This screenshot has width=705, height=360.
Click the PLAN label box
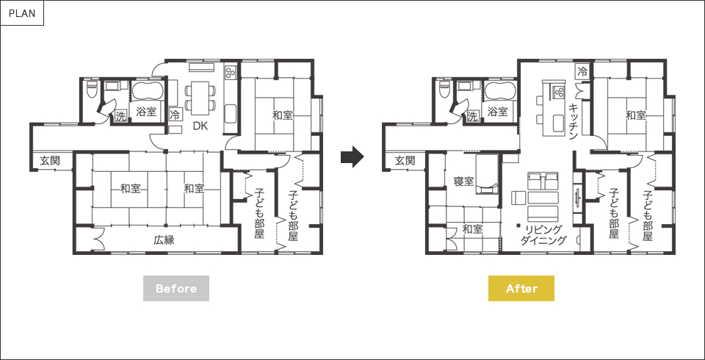pos(22,13)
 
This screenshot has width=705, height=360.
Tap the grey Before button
pos(176,288)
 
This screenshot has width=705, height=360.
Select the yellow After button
pos(521,288)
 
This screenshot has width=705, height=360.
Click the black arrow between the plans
pos(352,156)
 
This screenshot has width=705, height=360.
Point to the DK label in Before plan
pos(200,126)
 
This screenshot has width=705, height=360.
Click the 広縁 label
pos(164,240)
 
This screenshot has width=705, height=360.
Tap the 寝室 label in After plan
pos(463,181)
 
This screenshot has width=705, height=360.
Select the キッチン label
pos(574,122)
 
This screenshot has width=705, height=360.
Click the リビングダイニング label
pos(543,235)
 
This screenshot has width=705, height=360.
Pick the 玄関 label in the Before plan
pos(50,160)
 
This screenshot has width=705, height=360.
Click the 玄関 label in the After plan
pos(404,160)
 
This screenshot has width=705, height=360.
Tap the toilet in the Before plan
pos(92,89)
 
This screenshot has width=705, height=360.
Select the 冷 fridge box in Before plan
pos(176,115)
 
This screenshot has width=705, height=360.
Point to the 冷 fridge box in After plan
pos(582,71)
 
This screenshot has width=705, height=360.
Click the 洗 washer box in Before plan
pos(120,116)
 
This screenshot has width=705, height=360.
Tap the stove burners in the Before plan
pos(231,72)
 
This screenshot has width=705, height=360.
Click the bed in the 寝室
pos(487,174)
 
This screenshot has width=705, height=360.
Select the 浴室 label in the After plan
pos(498,111)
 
